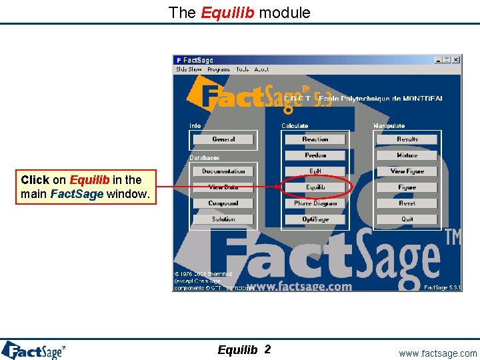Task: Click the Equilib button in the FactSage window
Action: tap(315, 187)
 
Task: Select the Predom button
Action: tap(315, 155)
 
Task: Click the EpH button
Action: tap(315, 171)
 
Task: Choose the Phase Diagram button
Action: tap(315, 203)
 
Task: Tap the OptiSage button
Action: tap(315, 219)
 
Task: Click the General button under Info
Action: tap(223, 139)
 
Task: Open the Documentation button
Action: tap(223, 171)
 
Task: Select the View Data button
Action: tap(223, 187)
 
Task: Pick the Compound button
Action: tap(223, 203)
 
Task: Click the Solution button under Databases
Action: tap(223, 219)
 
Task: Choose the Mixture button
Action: tap(407, 155)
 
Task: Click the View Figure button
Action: tap(407, 171)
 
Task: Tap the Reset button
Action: tap(407, 203)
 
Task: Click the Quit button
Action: tap(407, 219)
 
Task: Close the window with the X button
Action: tap(456, 60)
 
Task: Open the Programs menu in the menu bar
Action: tap(219, 69)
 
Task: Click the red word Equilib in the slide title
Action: tap(227, 12)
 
